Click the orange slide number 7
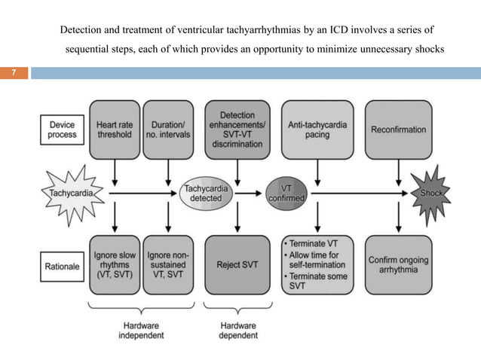point(14,72)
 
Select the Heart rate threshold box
point(115,130)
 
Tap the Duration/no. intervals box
point(168,130)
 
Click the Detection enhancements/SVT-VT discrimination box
point(237,130)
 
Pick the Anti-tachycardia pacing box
point(317,130)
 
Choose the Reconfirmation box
point(399,130)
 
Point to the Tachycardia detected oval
point(206,194)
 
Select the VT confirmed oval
point(286,194)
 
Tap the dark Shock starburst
point(430,194)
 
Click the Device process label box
point(63,130)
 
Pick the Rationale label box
point(63,267)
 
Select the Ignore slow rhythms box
point(115,265)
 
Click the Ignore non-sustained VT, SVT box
point(168,265)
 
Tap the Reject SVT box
point(237,265)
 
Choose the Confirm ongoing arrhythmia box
point(399,265)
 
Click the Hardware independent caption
point(141,331)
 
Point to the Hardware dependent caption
point(238,331)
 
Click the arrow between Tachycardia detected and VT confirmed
point(248,194)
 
